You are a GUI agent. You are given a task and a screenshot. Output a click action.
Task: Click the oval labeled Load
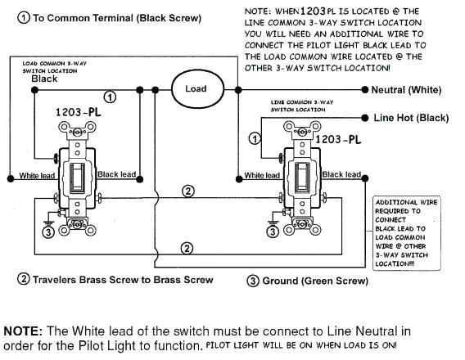[x=196, y=88]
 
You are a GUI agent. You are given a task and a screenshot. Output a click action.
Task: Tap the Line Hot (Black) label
[x=411, y=118]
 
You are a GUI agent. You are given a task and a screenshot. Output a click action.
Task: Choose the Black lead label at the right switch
[x=341, y=174]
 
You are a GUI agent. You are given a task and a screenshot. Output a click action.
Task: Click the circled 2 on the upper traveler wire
[x=187, y=191]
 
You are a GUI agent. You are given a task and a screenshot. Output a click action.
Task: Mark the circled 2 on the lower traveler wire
[x=187, y=247]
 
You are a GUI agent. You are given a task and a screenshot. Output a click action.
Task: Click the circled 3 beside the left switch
[x=47, y=232]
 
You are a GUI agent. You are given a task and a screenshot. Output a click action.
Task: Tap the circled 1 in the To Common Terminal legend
[x=23, y=17]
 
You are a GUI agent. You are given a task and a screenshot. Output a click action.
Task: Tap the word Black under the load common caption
[x=44, y=79]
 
